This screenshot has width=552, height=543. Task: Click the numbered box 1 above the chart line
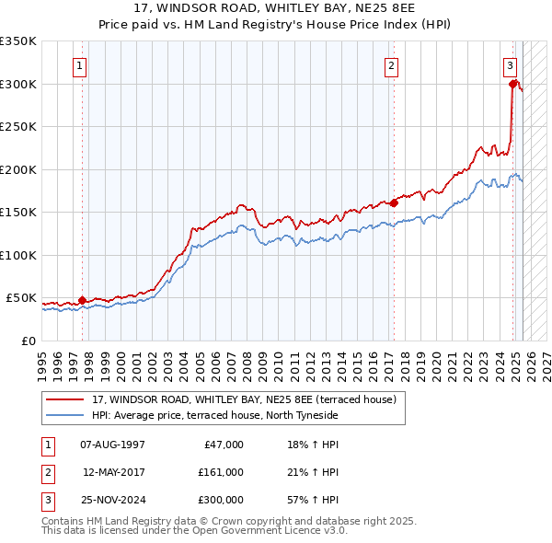81,65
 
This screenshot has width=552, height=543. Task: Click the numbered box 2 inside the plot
391,65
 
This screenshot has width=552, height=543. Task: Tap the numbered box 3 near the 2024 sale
510,65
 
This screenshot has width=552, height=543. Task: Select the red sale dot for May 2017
394,202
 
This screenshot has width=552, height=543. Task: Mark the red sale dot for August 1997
82,299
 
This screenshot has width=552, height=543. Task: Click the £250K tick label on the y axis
18,126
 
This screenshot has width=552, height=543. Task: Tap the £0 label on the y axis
29,341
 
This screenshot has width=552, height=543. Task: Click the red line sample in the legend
65,399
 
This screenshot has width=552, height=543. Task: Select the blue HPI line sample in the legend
65,416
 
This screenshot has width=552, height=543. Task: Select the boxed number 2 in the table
48,472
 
